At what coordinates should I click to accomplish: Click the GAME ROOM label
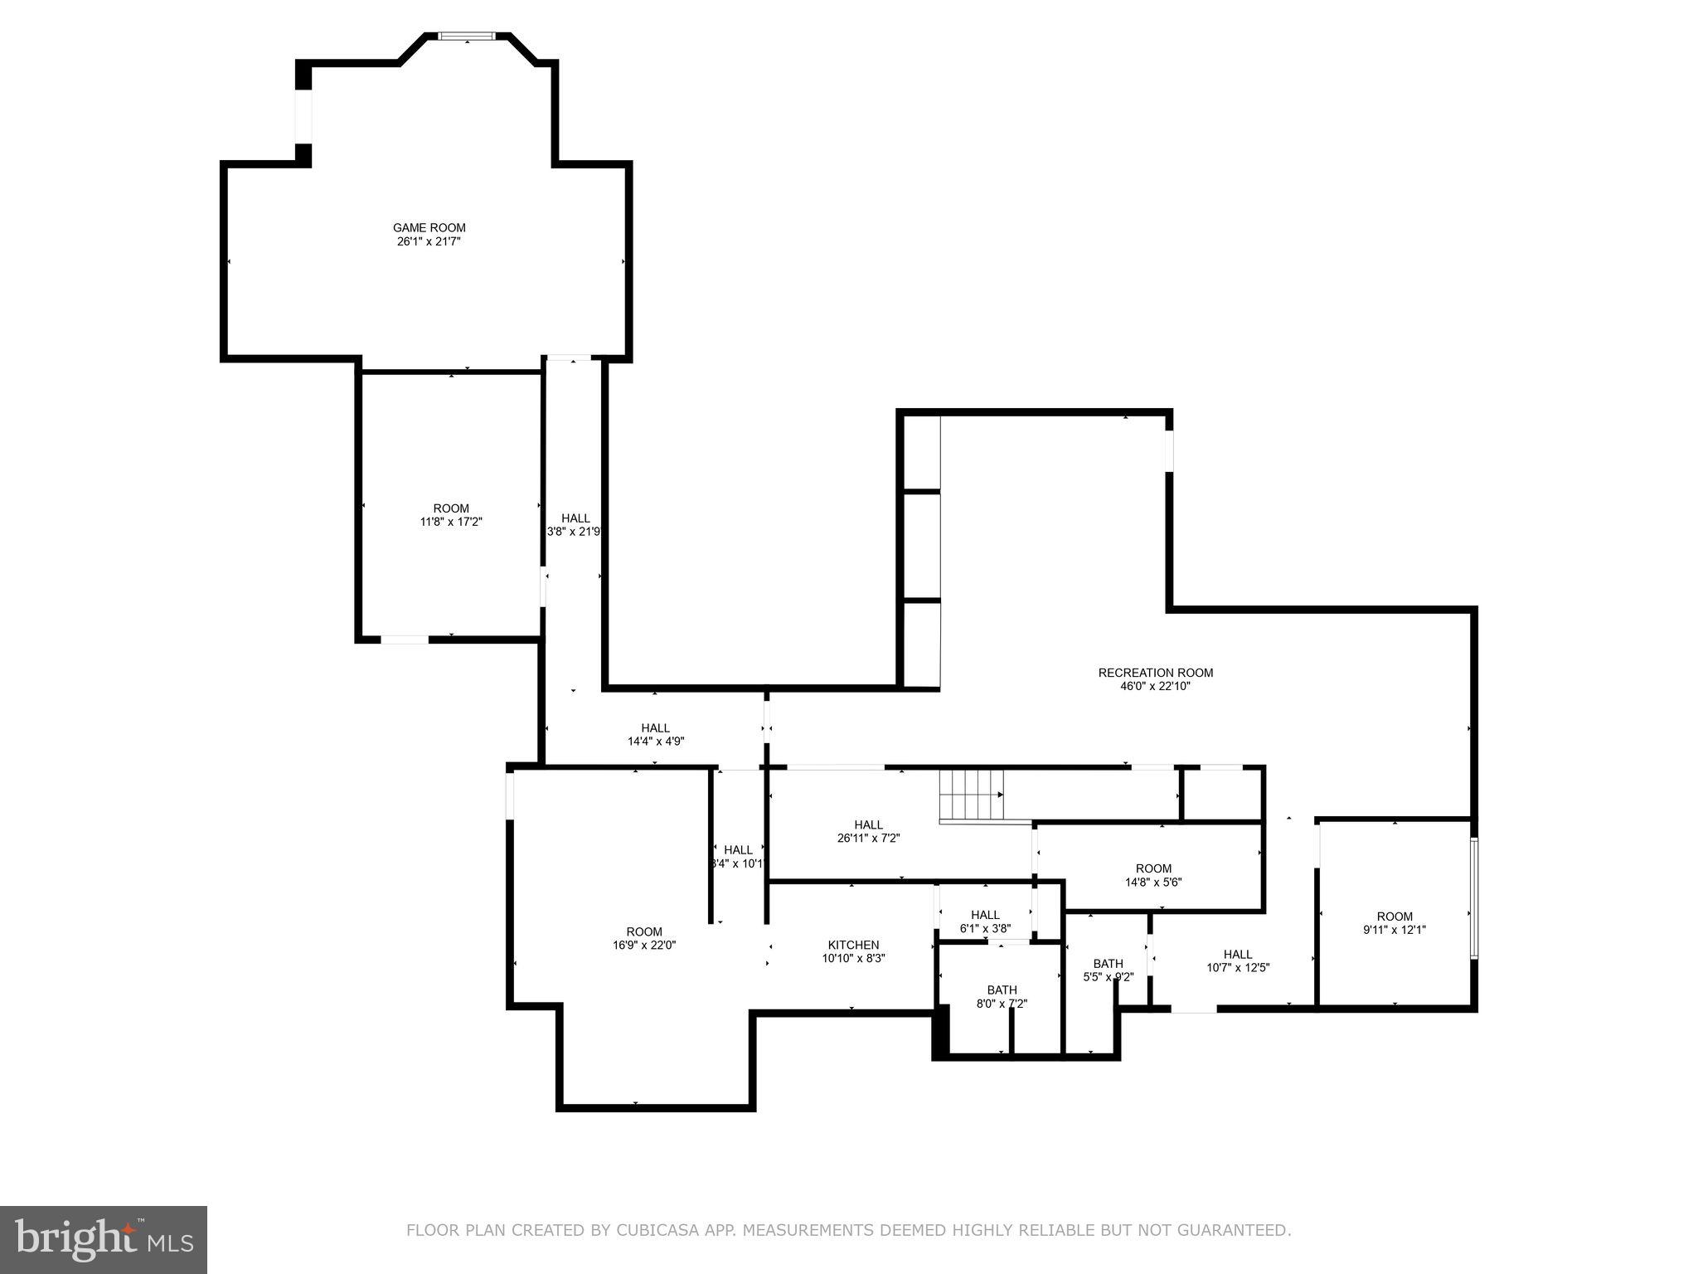[429, 227]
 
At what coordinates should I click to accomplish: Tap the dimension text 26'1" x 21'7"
[429, 241]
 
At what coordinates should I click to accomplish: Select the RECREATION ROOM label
[1155, 673]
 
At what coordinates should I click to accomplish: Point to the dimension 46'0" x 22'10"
[1155, 686]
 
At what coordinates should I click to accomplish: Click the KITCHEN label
[853, 945]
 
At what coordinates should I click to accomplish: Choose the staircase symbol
[971, 795]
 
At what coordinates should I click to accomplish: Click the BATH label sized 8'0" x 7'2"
[1002, 990]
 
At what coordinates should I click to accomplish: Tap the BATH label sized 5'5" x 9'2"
[1108, 963]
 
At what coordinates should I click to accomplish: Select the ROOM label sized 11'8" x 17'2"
[451, 508]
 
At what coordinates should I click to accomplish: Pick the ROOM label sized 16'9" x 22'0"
[644, 931]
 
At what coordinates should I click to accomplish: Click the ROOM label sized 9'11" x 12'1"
[1395, 917]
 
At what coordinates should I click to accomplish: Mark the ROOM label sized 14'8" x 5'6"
[1153, 868]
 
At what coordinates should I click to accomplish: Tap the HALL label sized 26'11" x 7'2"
[868, 824]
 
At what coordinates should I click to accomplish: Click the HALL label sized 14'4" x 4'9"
[655, 728]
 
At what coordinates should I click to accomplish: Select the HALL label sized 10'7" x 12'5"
[1238, 954]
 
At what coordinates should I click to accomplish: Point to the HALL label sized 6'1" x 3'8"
[985, 915]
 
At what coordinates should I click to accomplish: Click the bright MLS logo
[104, 1239]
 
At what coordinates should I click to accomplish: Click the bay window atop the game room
[467, 36]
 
